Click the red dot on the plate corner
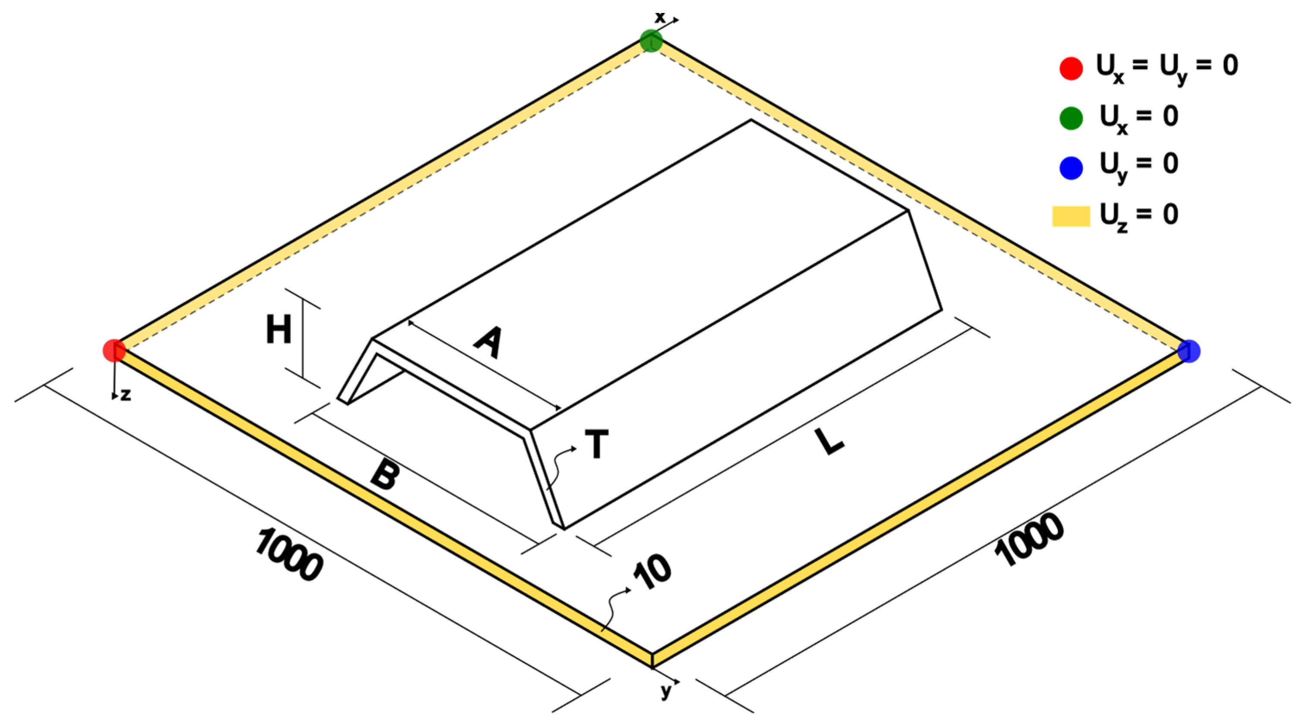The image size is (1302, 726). [114, 350]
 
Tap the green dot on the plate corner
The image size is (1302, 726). [651, 41]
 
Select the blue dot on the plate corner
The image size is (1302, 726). [1189, 351]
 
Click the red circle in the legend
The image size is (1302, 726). [1071, 68]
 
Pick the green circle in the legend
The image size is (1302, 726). [1071, 118]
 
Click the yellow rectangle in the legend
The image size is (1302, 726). [1071, 216]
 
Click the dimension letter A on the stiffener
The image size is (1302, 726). [489, 343]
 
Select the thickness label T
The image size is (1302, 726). [596, 444]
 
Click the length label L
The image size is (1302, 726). [830, 441]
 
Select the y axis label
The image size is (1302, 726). [667, 691]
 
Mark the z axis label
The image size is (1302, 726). [126, 395]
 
